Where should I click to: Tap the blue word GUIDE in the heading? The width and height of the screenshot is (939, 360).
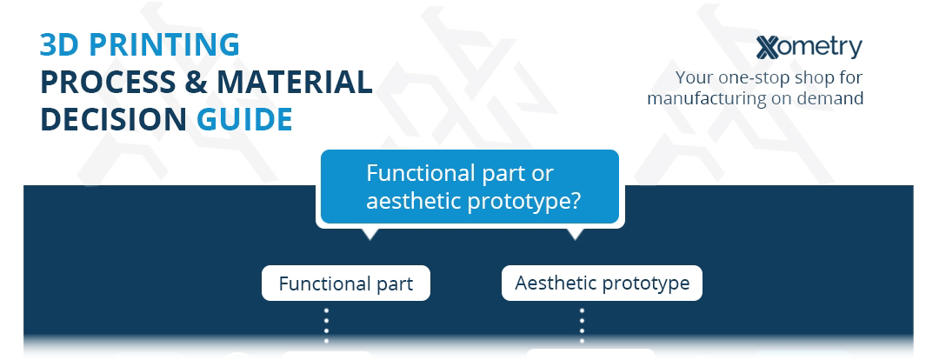coord(244,119)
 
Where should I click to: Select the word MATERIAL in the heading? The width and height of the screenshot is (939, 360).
coord(294,82)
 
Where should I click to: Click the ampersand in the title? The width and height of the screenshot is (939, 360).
coord(197,82)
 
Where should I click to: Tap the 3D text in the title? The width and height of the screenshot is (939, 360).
coord(60,45)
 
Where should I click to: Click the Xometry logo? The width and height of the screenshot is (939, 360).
coord(809,47)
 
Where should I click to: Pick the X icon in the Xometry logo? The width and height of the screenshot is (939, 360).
coord(768,48)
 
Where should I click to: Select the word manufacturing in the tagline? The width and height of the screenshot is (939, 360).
coord(705,98)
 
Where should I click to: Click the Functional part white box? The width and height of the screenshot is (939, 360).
coord(346,283)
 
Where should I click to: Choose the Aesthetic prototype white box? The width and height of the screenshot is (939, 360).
coord(602,283)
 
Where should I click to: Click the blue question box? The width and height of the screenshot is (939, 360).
coord(470,187)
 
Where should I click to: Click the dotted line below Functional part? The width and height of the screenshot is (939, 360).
coord(326,326)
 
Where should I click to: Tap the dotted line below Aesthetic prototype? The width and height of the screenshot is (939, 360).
coord(582,326)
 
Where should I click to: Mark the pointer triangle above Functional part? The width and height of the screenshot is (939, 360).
coord(370,234)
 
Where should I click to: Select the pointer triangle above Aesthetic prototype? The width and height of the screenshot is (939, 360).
coord(576,234)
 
